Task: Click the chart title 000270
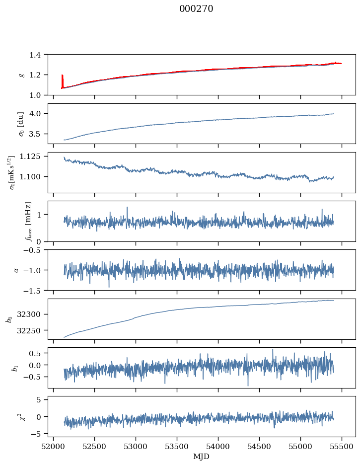[196, 9]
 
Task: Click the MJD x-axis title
[202, 457]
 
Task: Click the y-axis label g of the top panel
[21, 75]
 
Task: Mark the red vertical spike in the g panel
[62, 80]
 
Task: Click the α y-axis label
[16, 270]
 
